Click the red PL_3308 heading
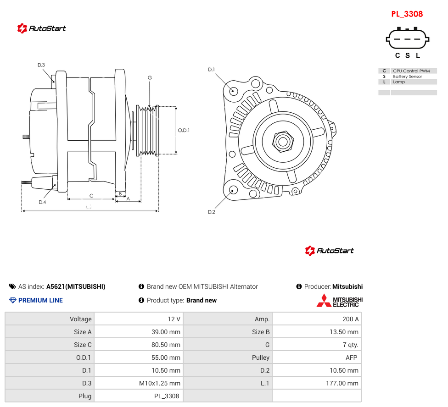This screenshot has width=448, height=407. click(407, 14)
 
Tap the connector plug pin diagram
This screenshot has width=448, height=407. click(408, 38)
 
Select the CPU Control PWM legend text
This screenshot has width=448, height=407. click(411, 71)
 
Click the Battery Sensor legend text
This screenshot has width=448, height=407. click(408, 77)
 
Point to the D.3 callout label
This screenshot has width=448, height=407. click(41, 65)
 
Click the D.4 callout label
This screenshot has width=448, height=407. click(42, 202)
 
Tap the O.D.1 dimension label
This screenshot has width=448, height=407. click(184, 130)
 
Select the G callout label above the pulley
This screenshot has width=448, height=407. click(150, 77)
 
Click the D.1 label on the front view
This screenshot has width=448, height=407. click(212, 70)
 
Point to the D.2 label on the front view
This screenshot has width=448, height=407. click(212, 212)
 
